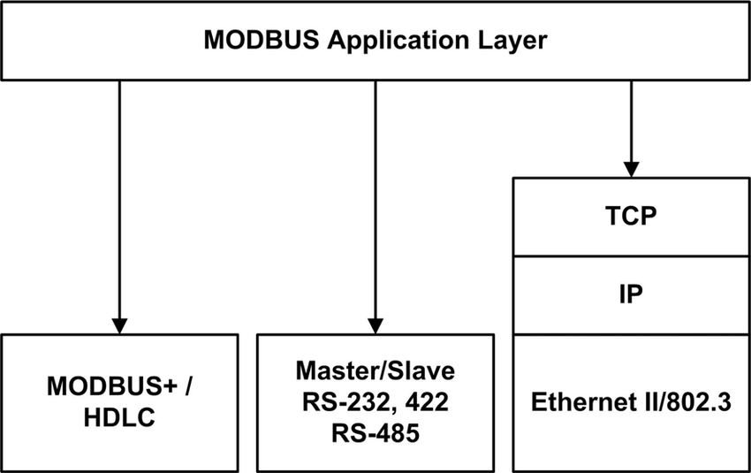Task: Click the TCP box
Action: (631, 217)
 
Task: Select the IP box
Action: (631, 294)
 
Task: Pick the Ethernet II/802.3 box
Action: (631, 402)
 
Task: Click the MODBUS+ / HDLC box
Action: (120, 402)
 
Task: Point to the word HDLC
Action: (120, 417)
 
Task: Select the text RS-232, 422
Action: (375, 402)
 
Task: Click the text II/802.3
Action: (683, 402)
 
